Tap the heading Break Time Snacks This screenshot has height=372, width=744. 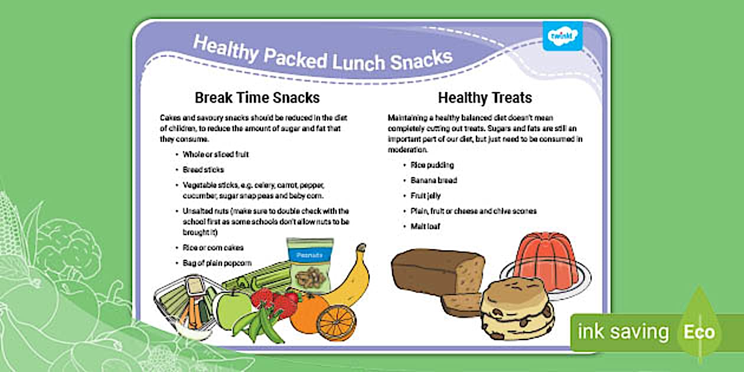coord(257,97)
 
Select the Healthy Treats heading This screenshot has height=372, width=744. coord(485,97)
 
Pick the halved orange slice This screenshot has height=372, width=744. coord(336,322)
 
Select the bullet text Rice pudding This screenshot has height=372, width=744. coord(432,165)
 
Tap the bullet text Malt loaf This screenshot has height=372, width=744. coord(426,226)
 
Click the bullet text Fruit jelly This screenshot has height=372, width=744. coord(426,195)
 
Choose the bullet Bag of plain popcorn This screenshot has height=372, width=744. coord(217,263)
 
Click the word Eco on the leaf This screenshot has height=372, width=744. coord(699,332)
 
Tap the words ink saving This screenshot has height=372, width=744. coord(622,332)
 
